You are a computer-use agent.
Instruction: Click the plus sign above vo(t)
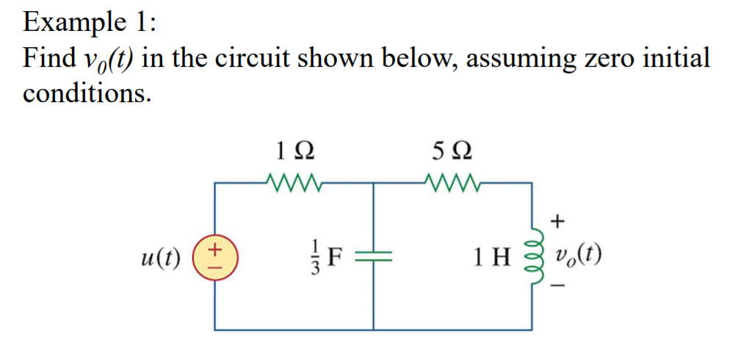559,220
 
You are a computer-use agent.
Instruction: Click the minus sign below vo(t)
559,293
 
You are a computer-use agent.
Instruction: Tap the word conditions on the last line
87,93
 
